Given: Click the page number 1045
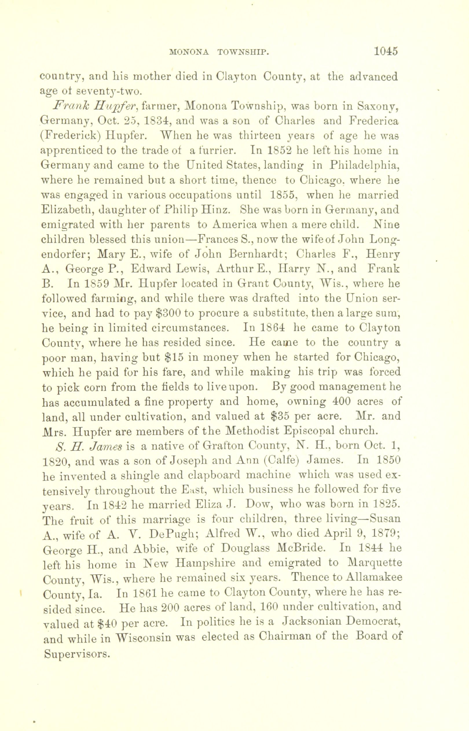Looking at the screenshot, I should click(x=386, y=51).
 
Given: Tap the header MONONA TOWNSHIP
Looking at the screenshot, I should click(x=219, y=52).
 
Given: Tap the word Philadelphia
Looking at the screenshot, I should click(x=364, y=166).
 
